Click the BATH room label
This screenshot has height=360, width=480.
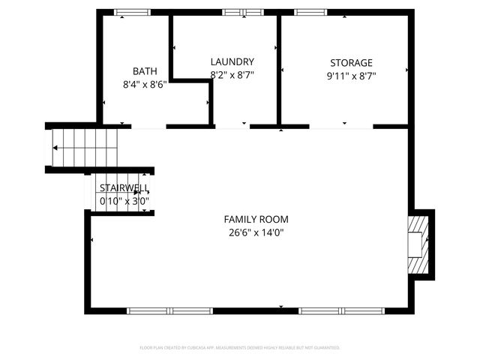(x=145, y=72)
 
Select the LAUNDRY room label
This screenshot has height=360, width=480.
(x=232, y=62)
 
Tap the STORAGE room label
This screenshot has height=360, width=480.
(x=351, y=62)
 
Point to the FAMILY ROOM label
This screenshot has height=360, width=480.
(x=256, y=220)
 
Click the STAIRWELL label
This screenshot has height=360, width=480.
(x=124, y=188)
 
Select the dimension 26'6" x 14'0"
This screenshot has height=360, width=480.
(x=256, y=232)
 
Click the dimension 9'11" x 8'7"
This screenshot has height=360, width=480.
(x=351, y=75)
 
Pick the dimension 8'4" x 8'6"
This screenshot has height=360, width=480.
(x=145, y=85)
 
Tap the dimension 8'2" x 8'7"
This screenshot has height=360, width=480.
(x=232, y=75)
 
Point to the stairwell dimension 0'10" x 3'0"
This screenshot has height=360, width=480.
(x=124, y=201)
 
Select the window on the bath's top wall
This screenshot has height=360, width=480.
(x=132, y=12)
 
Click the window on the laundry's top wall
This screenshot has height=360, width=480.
(x=243, y=12)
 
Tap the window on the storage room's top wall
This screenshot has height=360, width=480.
(x=307, y=12)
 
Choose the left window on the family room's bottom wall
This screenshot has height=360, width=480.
(x=169, y=310)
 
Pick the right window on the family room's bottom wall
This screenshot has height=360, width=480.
(x=341, y=310)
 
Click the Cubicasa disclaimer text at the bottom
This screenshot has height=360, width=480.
(x=240, y=348)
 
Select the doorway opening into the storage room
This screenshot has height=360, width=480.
(x=341, y=127)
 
